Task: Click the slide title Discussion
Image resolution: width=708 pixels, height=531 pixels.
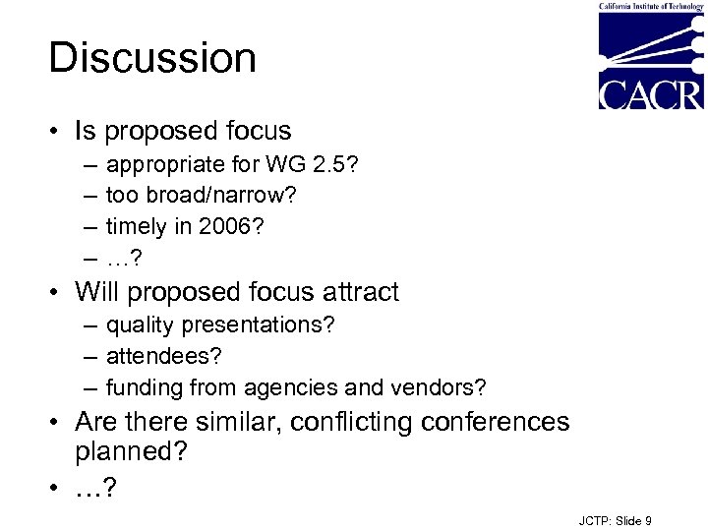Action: pos(152,58)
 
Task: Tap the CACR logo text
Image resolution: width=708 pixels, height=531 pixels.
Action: pos(651,93)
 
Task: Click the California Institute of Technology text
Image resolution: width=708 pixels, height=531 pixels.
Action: pos(651,6)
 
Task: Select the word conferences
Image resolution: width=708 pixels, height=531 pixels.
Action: pos(496,422)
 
